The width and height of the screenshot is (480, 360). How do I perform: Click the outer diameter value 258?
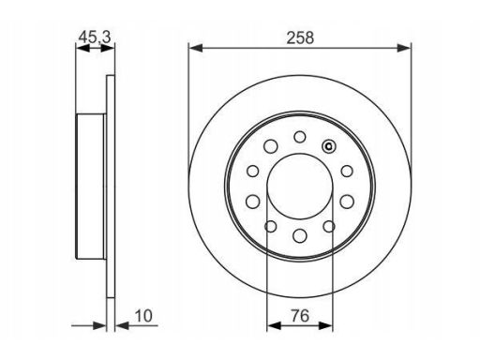[300, 37]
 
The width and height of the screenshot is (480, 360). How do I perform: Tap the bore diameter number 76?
[300, 316]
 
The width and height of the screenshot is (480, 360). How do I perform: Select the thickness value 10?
[143, 316]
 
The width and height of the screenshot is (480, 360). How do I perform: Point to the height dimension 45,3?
[95, 37]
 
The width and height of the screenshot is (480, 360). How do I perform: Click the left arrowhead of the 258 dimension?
[196, 48]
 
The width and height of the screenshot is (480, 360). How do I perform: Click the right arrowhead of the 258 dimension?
[404, 48]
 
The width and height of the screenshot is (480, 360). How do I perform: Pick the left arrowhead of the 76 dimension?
[275, 325]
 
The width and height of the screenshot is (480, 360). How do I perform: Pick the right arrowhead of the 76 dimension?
[325, 325]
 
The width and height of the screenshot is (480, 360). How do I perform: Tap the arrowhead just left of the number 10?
[123, 325]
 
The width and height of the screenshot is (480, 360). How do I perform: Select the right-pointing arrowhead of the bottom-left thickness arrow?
[99, 325]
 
